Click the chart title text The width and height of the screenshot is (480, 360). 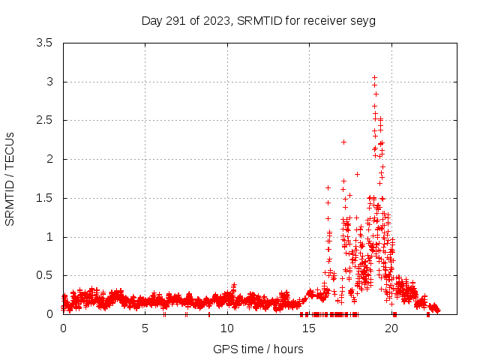click(x=258, y=20)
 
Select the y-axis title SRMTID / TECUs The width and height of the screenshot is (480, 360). click(x=10, y=178)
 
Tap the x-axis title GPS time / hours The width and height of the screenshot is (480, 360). click(x=258, y=349)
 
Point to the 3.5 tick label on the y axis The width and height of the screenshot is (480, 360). click(x=44, y=43)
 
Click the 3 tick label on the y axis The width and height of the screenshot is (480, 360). click(x=49, y=82)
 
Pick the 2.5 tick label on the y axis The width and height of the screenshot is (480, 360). click(x=44, y=120)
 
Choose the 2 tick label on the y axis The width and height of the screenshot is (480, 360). click(x=49, y=159)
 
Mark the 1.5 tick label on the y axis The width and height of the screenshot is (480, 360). click(x=44, y=198)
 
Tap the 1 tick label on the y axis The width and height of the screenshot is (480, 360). click(x=49, y=237)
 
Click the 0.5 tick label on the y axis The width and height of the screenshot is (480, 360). click(x=44, y=275)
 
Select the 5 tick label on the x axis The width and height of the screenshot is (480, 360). click(x=145, y=328)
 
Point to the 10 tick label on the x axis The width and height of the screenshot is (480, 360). click(x=227, y=328)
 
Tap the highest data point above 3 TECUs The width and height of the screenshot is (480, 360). click(x=374, y=77)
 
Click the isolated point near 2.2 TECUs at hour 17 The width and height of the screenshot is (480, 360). click(x=343, y=142)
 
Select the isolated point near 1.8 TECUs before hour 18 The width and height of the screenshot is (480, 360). click(x=357, y=174)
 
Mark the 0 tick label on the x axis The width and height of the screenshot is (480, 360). click(x=63, y=328)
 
